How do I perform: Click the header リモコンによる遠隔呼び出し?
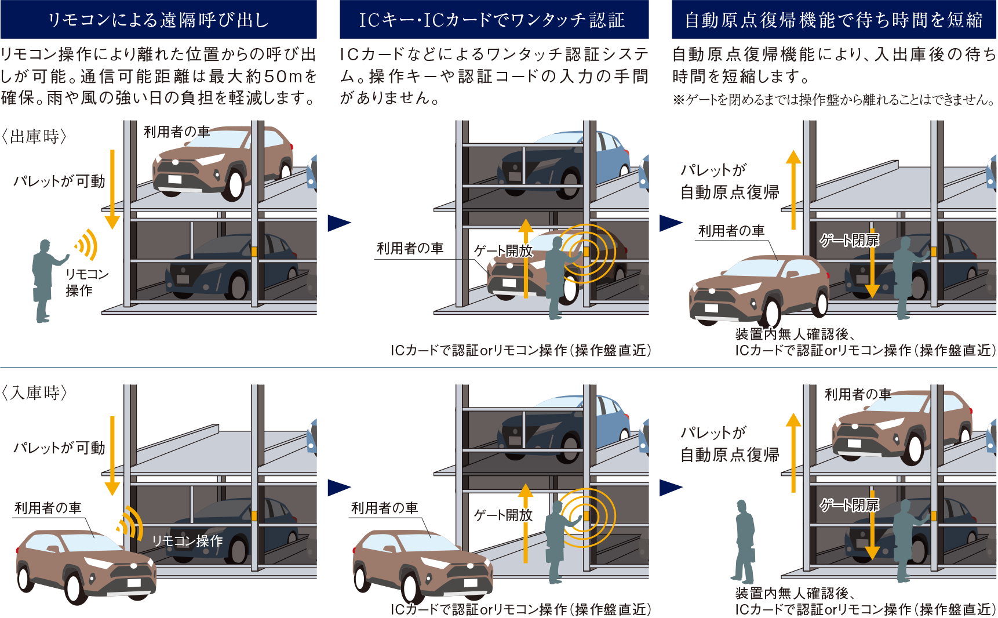(x=158, y=20)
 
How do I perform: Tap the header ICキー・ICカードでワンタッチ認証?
(x=492, y=20)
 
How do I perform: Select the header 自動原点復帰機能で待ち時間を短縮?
(x=833, y=20)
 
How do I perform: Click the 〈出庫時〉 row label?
(x=35, y=137)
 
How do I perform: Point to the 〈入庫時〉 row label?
(x=35, y=393)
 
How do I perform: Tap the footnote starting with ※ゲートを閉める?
(x=833, y=100)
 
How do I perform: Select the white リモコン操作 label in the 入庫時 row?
(x=187, y=541)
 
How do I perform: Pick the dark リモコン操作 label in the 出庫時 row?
(x=87, y=282)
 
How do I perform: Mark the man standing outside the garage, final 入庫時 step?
(x=745, y=541)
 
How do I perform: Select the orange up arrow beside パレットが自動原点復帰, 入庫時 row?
(x=793, y=453)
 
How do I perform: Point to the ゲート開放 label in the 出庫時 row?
(x=503, y=251)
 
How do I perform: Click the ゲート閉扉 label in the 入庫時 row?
(x=849, y=505)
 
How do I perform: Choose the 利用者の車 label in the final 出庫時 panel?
(x=731, y=231)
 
